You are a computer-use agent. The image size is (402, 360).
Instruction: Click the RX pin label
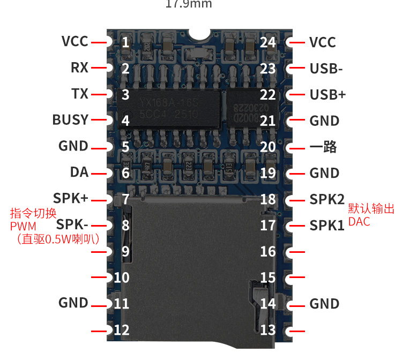coord(79,68)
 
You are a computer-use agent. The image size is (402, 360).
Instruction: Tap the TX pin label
coord(80,94)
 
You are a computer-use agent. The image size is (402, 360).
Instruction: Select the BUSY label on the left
coord(70,119)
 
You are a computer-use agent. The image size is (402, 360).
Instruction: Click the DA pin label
coord(79,172)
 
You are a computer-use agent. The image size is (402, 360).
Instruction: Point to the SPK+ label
coord(71,198)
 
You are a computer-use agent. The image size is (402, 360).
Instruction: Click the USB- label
coord(326,69)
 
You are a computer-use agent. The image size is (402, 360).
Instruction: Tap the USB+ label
coord(327,95)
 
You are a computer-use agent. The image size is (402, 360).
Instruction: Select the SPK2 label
coord(327,199)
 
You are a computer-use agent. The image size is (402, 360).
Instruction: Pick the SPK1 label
coord(327,226)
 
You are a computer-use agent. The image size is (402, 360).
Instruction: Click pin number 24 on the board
coord(267,42)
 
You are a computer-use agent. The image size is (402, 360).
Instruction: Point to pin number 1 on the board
coord(125,42)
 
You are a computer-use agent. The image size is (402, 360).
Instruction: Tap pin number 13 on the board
coord(267,329)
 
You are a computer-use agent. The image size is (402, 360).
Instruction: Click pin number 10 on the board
coord(122,277)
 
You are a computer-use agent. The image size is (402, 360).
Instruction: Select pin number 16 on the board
coord(267,251)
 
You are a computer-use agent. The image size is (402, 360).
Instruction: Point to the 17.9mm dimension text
coord(189,4)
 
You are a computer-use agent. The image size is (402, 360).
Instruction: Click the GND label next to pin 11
coord(73,303)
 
